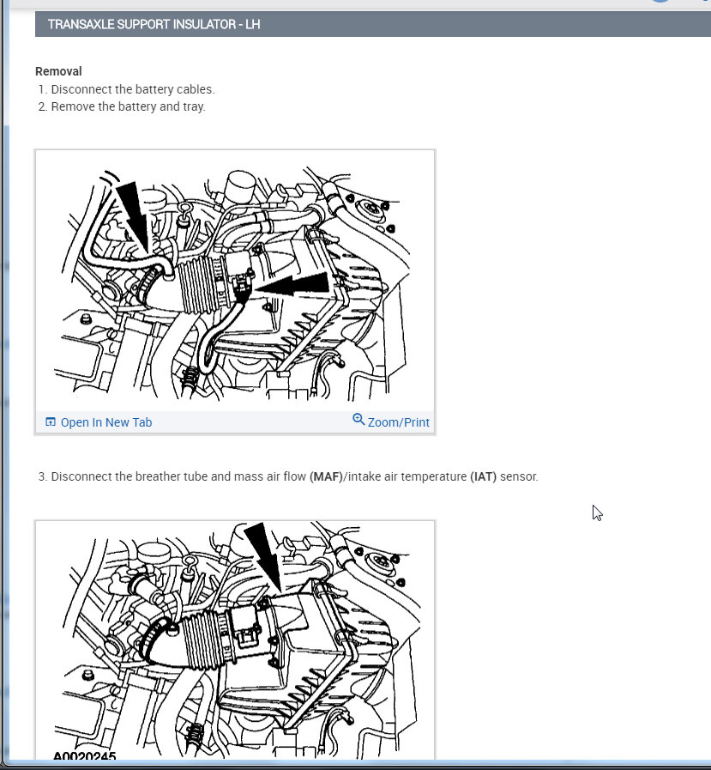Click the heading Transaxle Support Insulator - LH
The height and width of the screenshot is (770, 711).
click(x=154, y=24)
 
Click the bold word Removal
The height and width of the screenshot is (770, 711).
click(x=58, y=71)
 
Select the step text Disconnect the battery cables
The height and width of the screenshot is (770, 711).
click(x=133, y=89)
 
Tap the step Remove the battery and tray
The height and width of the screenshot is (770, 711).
click(x=128, y=106)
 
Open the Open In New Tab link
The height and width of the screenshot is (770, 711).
click(x=106, y=422)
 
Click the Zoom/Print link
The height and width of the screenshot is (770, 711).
click(x=399, y=422)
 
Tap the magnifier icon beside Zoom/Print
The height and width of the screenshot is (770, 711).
click(x=359, y=420)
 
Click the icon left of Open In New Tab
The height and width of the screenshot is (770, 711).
click(x=50, y=421)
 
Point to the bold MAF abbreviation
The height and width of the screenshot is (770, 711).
click(x=326, y=476)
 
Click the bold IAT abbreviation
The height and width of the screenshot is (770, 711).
click(x=484, y=476)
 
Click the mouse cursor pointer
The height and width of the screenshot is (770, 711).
click(x=597, y=512)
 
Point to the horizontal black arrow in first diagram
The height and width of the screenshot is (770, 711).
click(x=293, y=285)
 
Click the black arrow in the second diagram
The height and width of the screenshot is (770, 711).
click(x=263, y=557)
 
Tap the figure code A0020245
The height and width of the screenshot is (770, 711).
click(x=84, y=756)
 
